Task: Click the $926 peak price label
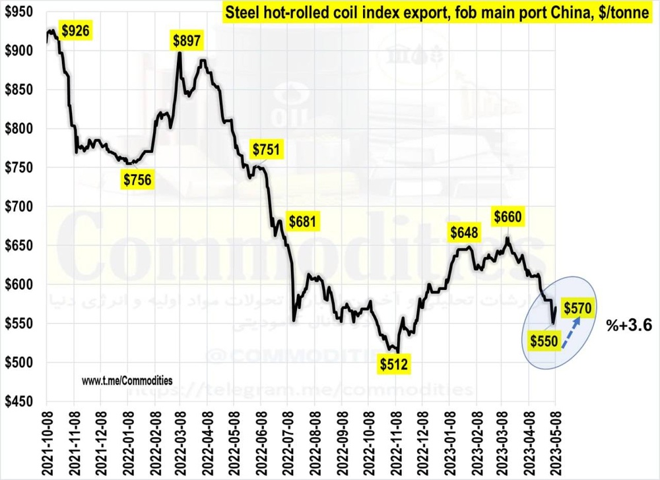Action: tap(75, 30)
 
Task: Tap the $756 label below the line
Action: tap(138, 179)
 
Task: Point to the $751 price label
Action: tap(267, 150)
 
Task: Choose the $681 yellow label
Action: tap(303, 220)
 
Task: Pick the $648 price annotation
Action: tap(465, 232)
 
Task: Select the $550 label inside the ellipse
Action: tap(545, 340)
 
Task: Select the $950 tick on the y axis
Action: tap(19, 13)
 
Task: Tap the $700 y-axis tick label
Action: tap(19, 207)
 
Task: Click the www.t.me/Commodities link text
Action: tap(127, 380)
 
